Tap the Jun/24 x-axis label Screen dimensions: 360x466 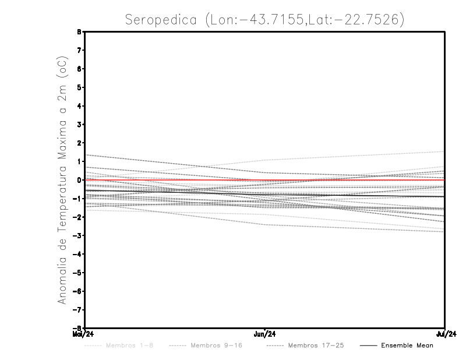coord(265,334)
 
